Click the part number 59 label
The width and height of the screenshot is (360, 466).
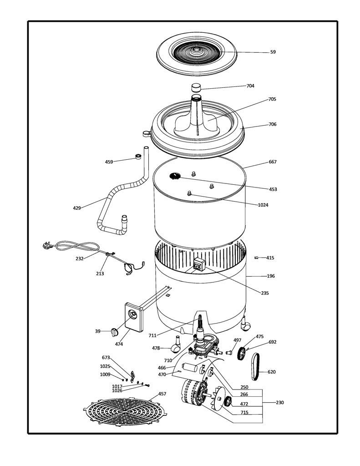click(273, 52)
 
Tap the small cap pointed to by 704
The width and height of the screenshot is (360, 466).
click(196, 88)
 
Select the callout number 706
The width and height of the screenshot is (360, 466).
click(272, 124)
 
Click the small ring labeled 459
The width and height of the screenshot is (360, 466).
click(138, 157)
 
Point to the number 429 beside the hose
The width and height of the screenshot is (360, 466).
click(77, 208)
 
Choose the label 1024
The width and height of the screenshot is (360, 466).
click(263, 205)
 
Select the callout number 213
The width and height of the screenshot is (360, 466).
click(100, 274)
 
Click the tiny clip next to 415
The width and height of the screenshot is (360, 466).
click(256, 258)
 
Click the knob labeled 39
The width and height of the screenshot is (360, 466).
click(114, 332)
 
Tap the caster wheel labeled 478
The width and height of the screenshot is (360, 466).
click(176, 345)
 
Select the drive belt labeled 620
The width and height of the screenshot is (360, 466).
click(255, 367)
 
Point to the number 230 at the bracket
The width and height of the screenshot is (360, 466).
click(280, 402)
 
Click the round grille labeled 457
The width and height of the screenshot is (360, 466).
click(125, 411)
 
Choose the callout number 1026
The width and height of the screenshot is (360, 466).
click(117, 390)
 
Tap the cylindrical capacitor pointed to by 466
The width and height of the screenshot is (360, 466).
click(190, 367)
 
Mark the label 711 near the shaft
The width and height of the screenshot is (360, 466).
click(152, 335)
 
